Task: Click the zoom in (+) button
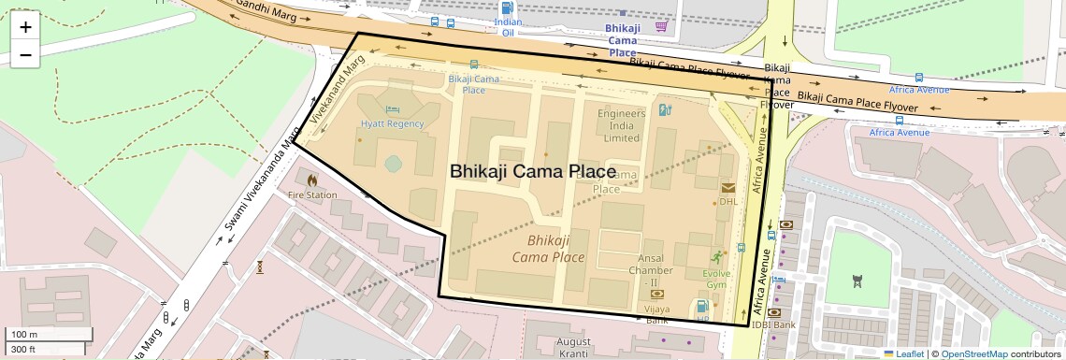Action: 25,26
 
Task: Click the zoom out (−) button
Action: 25,54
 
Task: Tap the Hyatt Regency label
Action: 393,123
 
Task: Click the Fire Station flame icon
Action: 312,180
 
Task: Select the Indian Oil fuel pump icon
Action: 508,7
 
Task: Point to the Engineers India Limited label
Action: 622,125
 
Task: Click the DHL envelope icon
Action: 728,187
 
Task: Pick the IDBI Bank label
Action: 772,324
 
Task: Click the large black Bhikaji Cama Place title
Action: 533,172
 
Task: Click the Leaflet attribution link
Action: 904,353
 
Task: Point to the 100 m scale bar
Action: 50,335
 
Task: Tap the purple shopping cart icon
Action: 662,26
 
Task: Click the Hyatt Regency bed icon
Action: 393,109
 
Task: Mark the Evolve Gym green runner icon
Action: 716,256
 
